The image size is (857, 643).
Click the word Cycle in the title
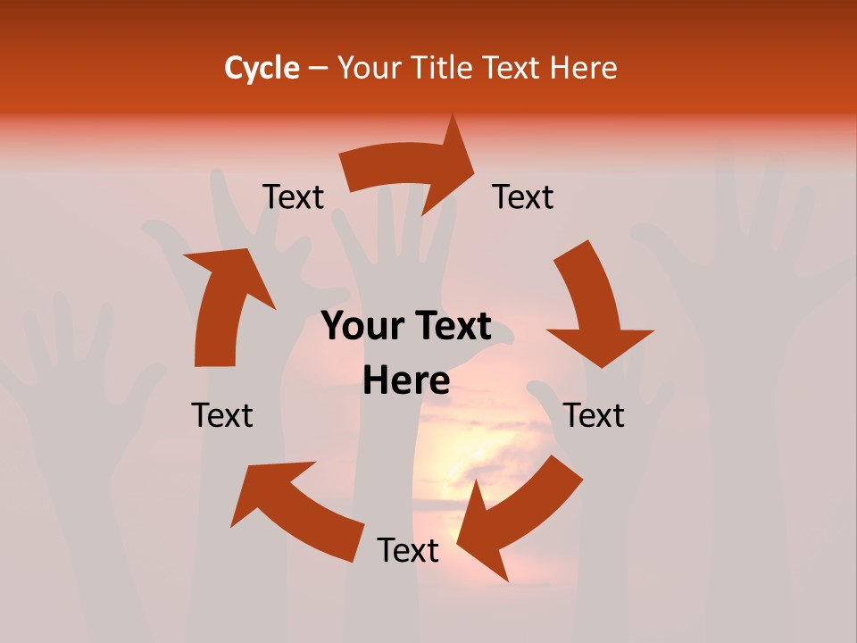click(262, 68)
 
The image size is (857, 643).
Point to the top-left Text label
click(293, 197)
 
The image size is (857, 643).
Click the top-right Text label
click(523, 197)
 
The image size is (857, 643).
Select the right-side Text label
click(594, 415)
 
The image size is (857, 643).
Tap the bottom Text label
click(408, 550)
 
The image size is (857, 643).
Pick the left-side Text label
click(222, 415)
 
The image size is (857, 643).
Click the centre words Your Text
click(406, 327)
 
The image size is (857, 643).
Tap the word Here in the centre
click(406, 381)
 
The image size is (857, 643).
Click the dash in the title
click(318, 68)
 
